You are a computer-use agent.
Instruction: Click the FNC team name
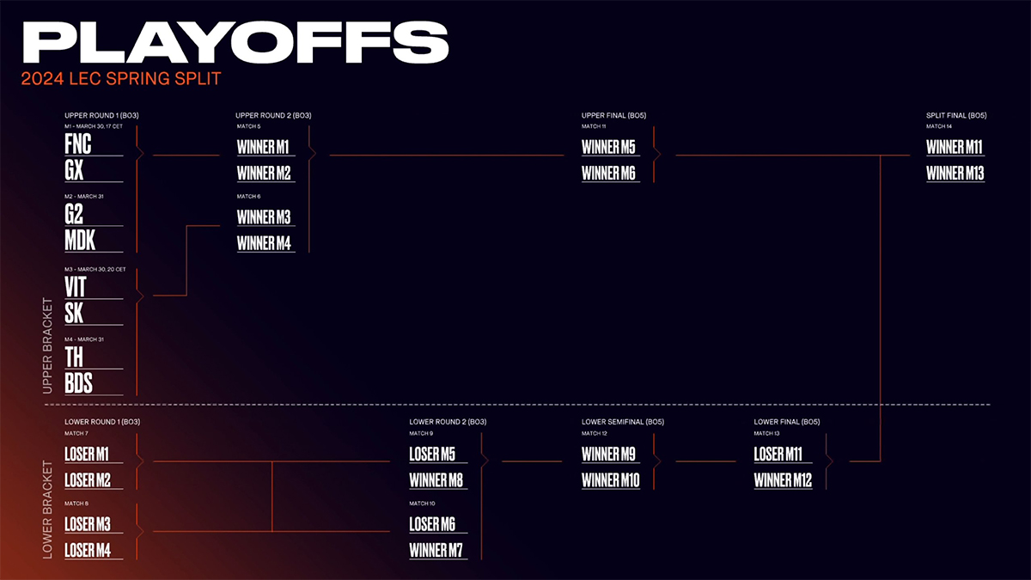pyautogui.click(x=78, y=143)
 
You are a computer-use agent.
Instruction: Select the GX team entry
pyautogui.click(x=75, y=170)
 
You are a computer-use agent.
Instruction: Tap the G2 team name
pyautogui.click(x=75, y=214)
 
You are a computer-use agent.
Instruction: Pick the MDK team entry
pyautogui.click(x=80, y=241)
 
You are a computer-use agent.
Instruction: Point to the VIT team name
pyautogui.click(x=76, y=286)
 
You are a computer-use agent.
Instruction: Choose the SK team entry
pyautogui.click(x=75, y=313)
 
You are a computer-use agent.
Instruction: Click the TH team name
pyautogui.click(x=74, y=357)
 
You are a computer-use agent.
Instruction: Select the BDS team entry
pyautogui.click(x=79, y=382)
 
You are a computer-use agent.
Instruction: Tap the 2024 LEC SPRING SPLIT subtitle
pyautogui.click(x=122, y=79)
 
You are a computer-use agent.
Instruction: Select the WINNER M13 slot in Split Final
pyautogui.click(x=955, y=174)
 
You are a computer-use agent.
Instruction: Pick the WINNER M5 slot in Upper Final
pyautogui.click(x=608, y=147)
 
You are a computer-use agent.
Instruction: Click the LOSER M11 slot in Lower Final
pyautogui.click(x=778, y=455)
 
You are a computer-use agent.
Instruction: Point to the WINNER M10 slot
pyautogui.click(x=611, y=481)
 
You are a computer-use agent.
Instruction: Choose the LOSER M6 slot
pyautogui.click(x=432, y=525)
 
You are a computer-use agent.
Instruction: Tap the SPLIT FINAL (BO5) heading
pyautogui.click(x=955, y=115)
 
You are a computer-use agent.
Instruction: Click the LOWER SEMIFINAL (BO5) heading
pyautogui.click(x=622, y=422)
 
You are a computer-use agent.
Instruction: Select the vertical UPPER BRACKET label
pyautogui.click(x=48, y=346)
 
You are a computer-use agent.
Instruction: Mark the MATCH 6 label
pyautogui.click(x=248, y=196)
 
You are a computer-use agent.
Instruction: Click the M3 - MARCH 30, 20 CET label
pyautogui.click(x=95, y=269)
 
